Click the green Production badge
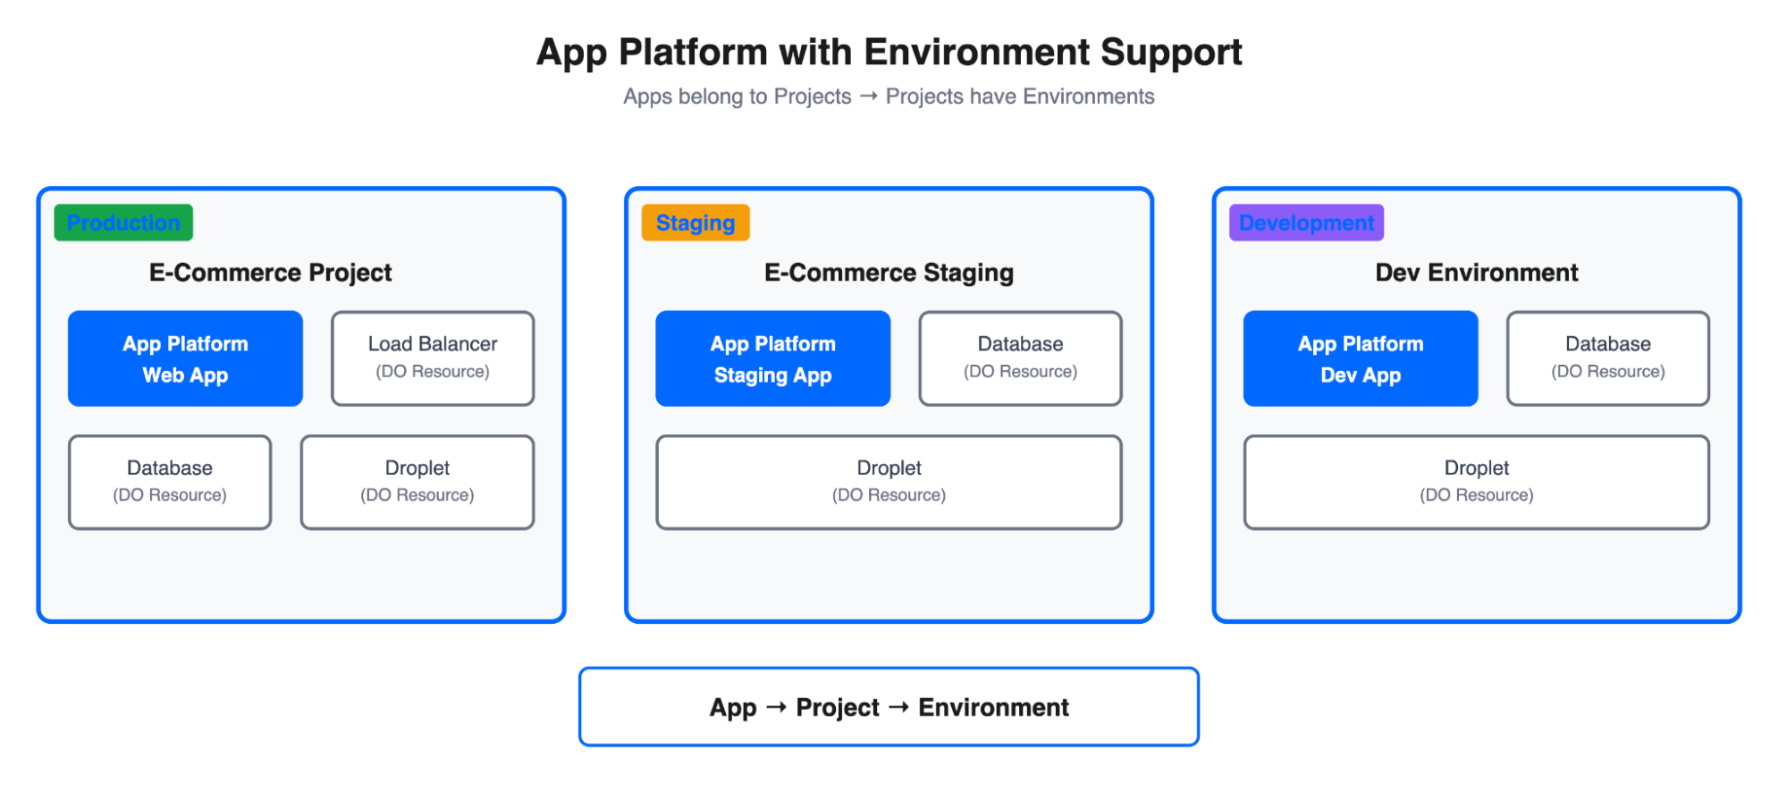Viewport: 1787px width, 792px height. point(123,223)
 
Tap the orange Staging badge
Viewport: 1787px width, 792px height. point(695,223)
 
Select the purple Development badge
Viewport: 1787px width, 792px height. point(1306,223)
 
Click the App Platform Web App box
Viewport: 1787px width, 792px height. point(185,358)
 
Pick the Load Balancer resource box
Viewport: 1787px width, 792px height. point(433,358)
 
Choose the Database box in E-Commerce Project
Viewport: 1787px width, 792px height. point(170,482)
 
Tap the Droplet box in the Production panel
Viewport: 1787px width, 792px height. point(417,482)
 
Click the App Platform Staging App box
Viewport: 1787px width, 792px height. point(772,358)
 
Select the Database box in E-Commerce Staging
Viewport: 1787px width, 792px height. point(1020,358)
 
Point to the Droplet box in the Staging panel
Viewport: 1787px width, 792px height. point(889,482)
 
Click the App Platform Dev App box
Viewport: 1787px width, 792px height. point(1360,358)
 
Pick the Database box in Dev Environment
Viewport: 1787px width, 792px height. point(1607,358)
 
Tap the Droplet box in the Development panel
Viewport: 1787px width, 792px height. point(1476,482)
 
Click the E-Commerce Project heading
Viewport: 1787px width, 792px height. point(270,273)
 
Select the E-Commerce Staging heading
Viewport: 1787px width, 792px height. point(889,273)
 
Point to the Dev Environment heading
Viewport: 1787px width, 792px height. point(1476,273)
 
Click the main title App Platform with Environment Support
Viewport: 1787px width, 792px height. point(889,52)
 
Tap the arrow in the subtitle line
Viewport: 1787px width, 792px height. point(868,96)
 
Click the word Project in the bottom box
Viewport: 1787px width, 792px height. point(838,708)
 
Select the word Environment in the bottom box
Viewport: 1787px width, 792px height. point(993,708)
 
